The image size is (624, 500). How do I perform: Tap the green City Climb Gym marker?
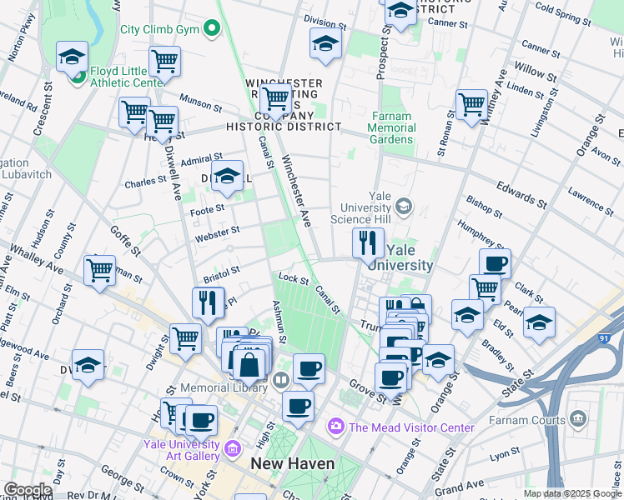point(212,29)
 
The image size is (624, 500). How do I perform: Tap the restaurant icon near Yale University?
point(368,242)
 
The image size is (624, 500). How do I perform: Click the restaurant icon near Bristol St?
point(208,302)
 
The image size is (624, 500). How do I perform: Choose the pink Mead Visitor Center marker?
point(336,427)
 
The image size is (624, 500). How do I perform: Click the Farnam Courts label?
point(527,420)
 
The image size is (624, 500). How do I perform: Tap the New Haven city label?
point(293,464)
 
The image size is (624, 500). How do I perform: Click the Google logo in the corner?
point(28,490)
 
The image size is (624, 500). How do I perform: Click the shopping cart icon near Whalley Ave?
point(99,270)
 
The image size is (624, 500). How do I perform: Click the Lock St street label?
point(294,281)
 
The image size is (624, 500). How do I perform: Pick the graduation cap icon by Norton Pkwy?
point(73,57)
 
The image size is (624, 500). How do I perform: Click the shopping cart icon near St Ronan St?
point(471,104)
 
